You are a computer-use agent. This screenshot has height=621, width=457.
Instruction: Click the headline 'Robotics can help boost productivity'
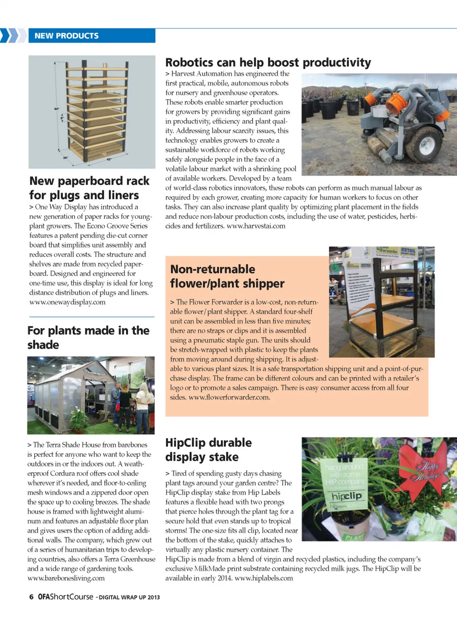pos(268,62)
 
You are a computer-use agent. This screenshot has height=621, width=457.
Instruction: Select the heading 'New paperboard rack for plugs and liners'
pos(89,188)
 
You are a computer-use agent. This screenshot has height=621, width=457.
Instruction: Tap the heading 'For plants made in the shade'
pos(88,337)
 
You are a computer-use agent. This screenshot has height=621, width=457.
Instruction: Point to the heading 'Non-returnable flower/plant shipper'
pos(227,276)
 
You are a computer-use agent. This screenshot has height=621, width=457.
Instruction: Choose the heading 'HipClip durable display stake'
pos(208,450)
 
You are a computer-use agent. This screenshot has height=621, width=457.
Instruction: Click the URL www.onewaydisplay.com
pos(67,302)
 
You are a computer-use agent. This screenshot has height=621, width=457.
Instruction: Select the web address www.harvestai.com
pos(256,226)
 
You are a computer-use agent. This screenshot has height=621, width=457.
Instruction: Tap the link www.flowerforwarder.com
pos(229,397)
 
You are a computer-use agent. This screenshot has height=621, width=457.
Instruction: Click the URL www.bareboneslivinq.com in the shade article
pos(66,578)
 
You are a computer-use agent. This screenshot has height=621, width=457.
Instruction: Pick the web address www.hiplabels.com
pos(264,578)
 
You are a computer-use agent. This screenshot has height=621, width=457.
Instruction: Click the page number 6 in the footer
pos(31,597)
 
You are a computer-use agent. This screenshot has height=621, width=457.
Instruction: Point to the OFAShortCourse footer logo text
pos(66,597)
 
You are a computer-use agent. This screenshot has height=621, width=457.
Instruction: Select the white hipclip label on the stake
pos(347,496)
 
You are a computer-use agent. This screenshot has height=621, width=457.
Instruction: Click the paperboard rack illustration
pos(92,112)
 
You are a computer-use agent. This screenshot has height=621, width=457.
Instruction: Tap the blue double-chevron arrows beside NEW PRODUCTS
pos(12,36)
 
